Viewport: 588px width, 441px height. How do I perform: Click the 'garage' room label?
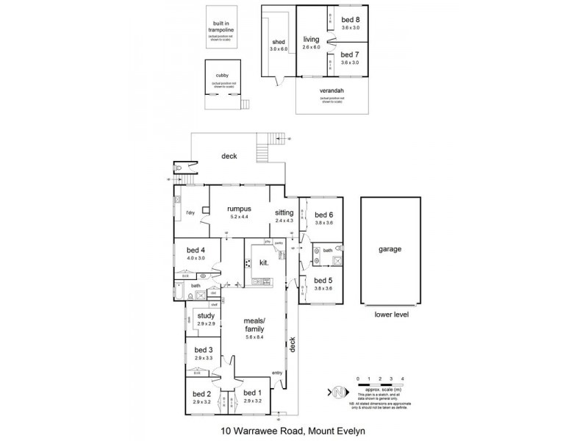390,249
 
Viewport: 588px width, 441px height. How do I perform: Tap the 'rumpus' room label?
240,208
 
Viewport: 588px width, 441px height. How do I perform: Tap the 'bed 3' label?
204,350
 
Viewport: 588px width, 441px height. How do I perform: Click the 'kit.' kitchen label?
263,262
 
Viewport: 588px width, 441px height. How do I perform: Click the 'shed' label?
279,43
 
